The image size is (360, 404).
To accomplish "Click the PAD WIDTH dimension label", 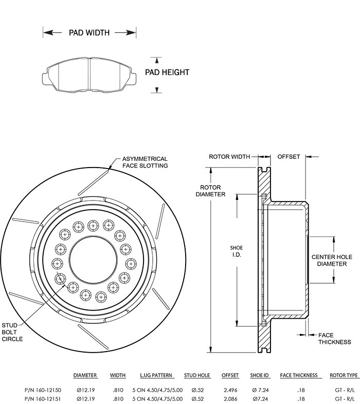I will tap(89, 32).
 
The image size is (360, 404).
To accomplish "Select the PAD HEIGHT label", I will tap(167, 72).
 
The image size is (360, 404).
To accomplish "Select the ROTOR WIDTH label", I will tap(229, 157).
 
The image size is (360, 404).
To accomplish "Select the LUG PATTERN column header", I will tap(156, 375).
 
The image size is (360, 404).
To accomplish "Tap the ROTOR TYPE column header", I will tap(344, 375).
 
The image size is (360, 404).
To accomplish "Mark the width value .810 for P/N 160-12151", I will tap(118, 398).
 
